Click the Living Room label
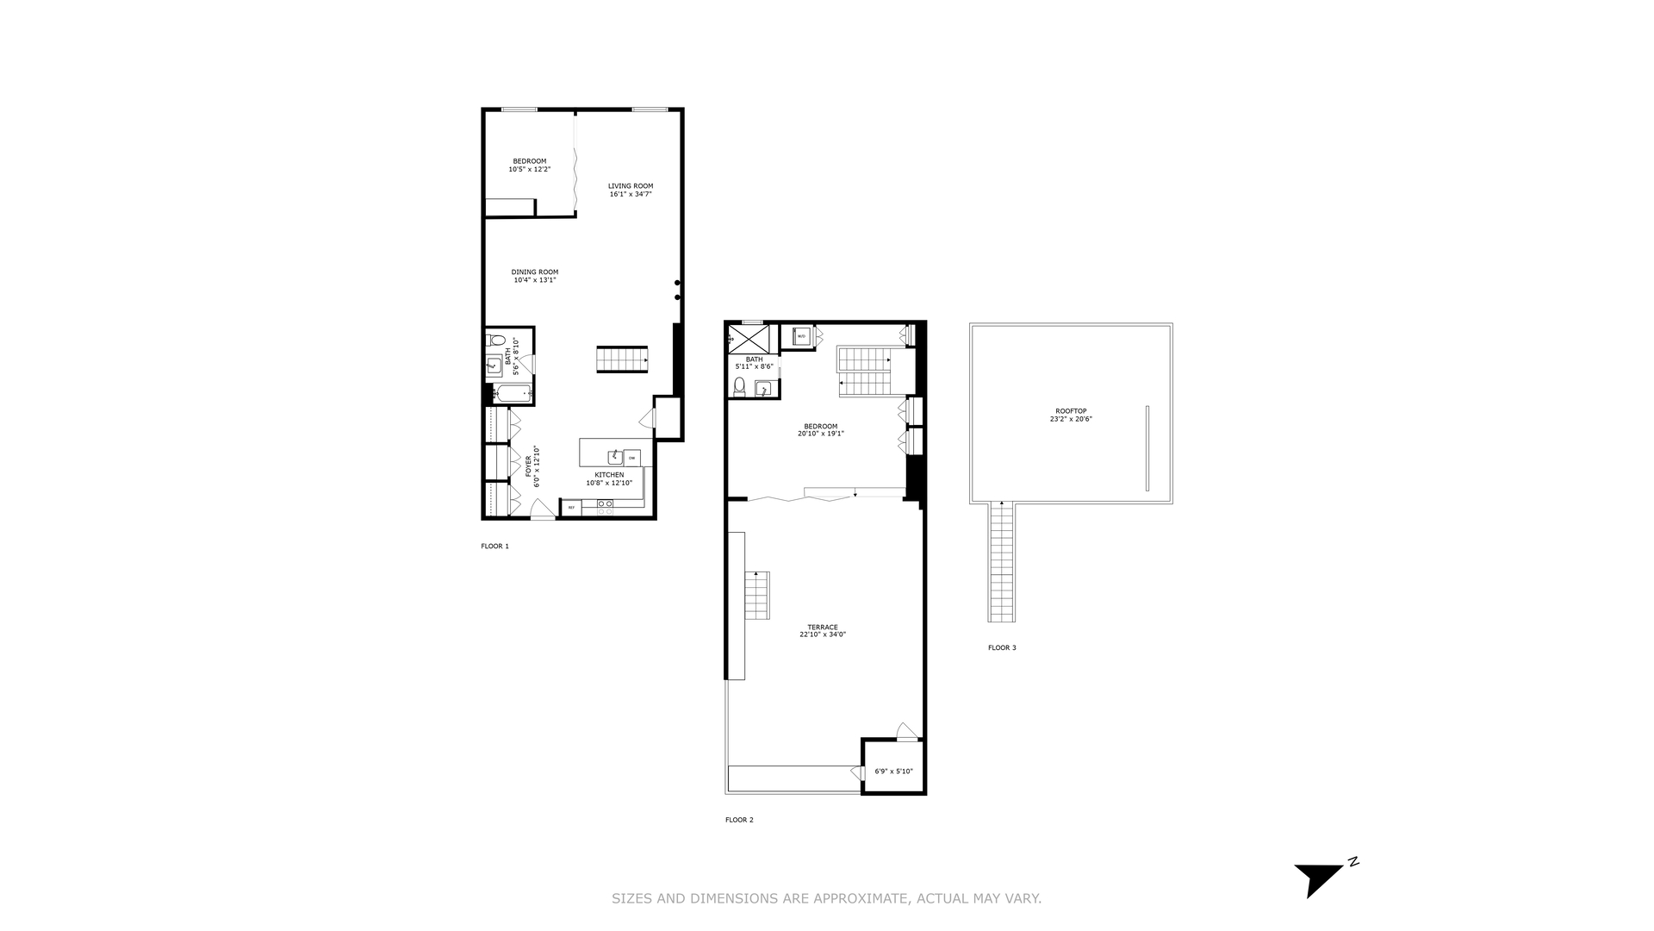631,186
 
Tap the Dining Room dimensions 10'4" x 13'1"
534,280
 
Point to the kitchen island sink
615,457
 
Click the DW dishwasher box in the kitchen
632,458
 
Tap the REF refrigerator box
571,508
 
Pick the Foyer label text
528,466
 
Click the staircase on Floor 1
622,359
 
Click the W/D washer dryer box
801,336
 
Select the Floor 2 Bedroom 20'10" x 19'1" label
820,429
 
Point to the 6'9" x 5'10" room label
893,772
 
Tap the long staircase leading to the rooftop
1002,562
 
